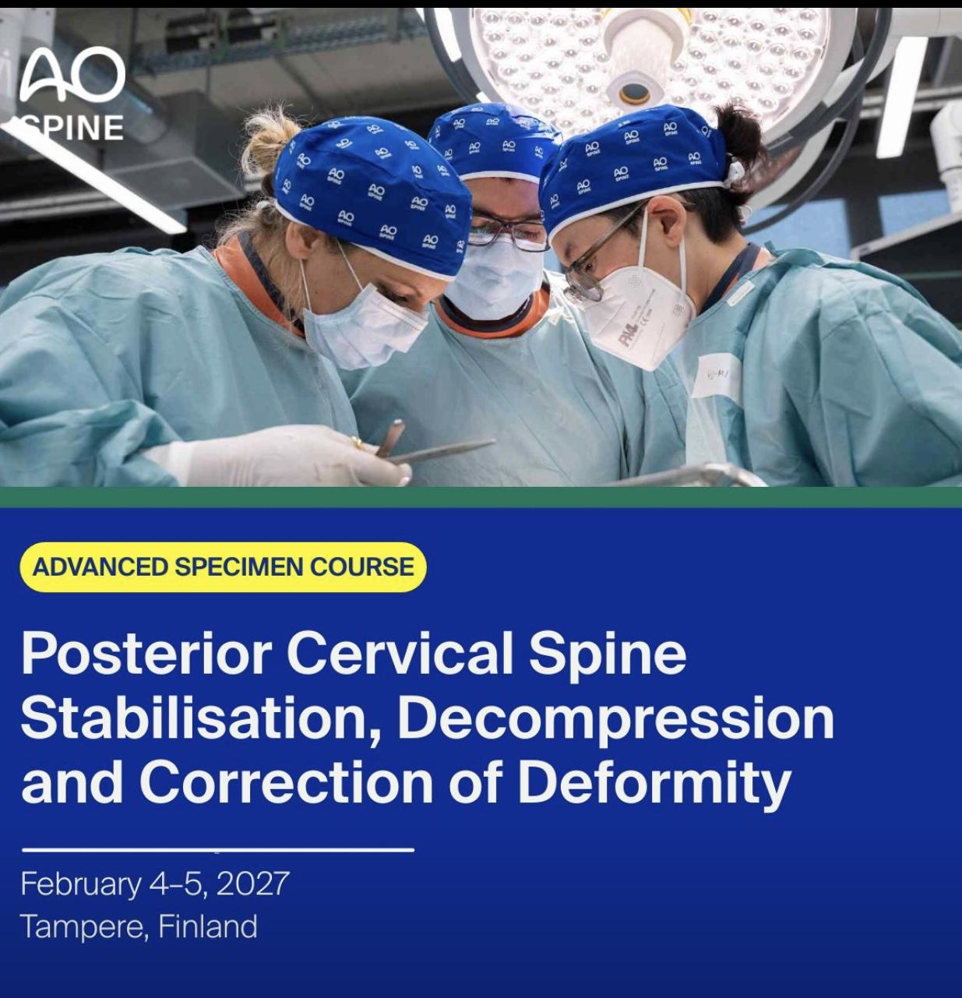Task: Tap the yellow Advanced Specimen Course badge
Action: [x=223, y=567]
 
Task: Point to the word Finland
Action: [x=207, y=926]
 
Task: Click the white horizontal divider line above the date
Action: [x=217, y=850]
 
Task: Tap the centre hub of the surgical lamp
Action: [x=635, y=92]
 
